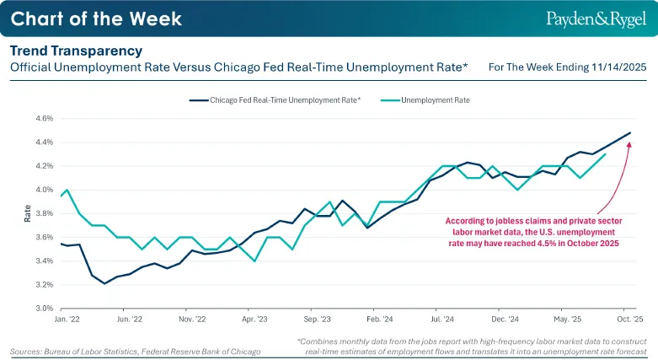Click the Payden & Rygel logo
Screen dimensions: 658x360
[596, 19]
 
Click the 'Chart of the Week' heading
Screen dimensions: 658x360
[96, 19]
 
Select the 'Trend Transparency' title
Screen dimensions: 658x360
[77, 51]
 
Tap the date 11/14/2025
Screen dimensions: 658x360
[619, 67]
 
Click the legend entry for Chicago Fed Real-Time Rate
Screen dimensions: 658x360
[275, 100]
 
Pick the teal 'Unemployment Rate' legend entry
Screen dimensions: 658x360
[425, 100]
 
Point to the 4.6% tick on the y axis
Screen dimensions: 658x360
[45, 119]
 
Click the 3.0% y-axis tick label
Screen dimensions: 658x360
[45, 309]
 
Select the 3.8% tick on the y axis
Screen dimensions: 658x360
[45, 213]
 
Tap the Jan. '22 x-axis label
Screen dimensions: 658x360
[67, 320]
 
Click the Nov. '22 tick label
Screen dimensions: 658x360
[192, 320]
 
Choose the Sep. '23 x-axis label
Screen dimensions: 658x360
[318, 320]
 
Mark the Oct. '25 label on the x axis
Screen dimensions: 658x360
[630, 320]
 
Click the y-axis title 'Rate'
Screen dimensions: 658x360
[27, 213]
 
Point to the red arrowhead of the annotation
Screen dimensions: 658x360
[629, 145]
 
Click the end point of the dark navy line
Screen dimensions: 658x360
[630, 132]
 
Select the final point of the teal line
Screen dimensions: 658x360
[605, 154]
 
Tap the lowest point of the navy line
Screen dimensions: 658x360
[104, 283]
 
